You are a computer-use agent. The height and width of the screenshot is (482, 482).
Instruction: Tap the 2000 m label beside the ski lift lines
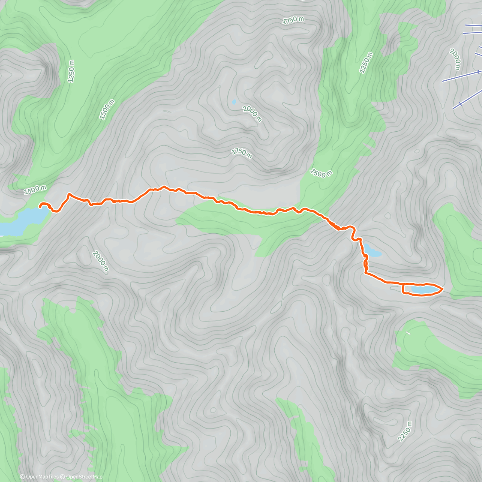[x=455, y=59]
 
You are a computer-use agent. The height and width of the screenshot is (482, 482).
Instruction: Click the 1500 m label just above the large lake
[x=35, y=190]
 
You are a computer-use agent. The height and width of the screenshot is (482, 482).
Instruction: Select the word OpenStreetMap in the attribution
[x=84, y=477]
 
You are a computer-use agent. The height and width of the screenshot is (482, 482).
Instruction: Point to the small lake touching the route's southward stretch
[x=372, y=252]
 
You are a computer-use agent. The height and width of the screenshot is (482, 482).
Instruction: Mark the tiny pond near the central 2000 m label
[x=234, y=102]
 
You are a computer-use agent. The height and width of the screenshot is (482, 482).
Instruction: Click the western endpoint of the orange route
[x=40, y=206]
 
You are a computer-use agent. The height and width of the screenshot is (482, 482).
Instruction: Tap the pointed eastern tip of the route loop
[x=442, y=288]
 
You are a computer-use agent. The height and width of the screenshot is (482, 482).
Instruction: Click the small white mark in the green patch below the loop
[x=408, y=333]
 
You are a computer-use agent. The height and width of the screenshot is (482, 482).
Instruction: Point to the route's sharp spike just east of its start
[x=69, y=194]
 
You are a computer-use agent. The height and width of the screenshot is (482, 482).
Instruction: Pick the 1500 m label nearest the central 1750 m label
[x=321, y=173]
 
